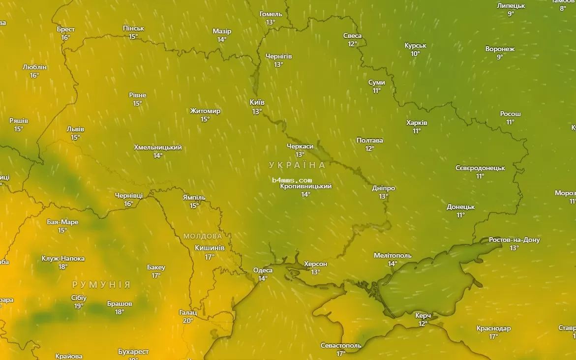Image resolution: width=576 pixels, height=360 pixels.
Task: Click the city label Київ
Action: click(257, 102)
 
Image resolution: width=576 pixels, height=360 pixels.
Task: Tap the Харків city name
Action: click(417, 122)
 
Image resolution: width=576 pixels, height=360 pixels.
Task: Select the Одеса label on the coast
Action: click(263, 270)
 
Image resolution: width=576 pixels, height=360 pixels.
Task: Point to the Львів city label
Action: click(75, 129)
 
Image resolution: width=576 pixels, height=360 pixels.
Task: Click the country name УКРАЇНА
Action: click(297, 165)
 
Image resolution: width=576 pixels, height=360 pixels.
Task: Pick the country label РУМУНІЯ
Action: click(101, 285)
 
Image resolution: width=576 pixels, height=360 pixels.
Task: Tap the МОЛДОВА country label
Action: click(203, 236)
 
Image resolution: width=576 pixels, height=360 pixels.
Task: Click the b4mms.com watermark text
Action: click(292, 180)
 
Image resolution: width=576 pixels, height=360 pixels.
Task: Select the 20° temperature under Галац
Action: click(188, 321)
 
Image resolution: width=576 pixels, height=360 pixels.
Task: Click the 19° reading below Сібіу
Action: click(79, 306)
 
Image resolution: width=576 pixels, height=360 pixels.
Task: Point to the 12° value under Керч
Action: click(423, 324)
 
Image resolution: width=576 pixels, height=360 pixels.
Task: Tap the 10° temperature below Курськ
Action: click(415, 54)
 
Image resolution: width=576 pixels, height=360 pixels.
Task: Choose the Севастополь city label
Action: click(341, 345)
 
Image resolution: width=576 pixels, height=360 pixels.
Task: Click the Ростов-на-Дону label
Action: click(514, 240)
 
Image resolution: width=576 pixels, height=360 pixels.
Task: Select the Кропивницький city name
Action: click(305, 186)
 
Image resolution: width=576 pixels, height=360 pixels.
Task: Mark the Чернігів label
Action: click(278, 56)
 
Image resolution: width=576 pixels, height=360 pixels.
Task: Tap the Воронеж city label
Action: click(500, 49)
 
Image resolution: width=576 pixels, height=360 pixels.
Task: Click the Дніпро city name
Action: click(383, 188)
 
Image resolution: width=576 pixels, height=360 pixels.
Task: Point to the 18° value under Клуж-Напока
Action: click(63, 267)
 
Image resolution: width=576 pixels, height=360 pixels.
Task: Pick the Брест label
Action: click(66, 30)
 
